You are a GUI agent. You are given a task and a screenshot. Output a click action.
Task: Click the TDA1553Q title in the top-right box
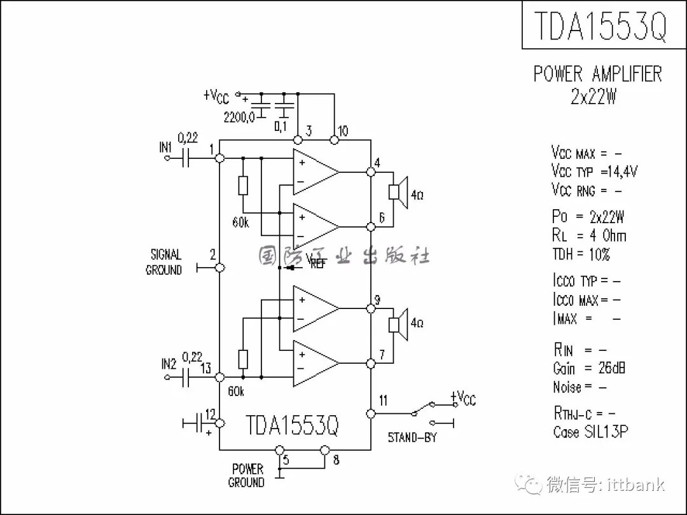coord(600,25)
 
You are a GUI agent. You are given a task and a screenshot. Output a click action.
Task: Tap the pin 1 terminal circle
coord(219,158)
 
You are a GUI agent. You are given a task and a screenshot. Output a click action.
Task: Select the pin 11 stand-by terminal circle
coord(371,413)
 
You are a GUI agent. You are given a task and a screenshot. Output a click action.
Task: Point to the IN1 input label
coord(165,148)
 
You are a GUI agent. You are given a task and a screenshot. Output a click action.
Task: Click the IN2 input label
coord(168,364)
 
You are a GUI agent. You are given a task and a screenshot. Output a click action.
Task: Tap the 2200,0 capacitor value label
coord(239,117)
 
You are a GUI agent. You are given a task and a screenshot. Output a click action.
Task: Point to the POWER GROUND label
coord(246,476)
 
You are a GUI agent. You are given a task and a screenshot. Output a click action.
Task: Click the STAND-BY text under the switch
coord(412,438)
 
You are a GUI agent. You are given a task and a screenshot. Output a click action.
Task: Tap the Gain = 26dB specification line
coord(588,368)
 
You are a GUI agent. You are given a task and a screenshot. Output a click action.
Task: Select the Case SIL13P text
coord(590,432)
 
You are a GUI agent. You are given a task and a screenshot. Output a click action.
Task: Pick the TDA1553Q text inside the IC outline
coord(292,425)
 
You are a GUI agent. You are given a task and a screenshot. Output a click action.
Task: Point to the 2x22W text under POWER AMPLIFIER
coord(593,97)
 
